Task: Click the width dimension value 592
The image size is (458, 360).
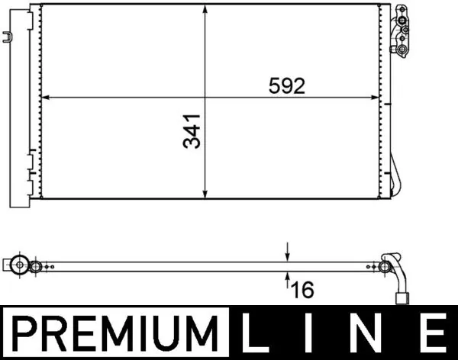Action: [287, 86]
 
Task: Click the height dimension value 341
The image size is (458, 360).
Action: [192, 131]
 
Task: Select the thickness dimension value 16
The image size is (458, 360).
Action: [302, 290]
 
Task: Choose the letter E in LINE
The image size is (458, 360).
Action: [433, 333]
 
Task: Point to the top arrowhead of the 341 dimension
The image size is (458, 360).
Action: [205, 9]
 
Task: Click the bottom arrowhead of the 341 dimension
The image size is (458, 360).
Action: [205, 194]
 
